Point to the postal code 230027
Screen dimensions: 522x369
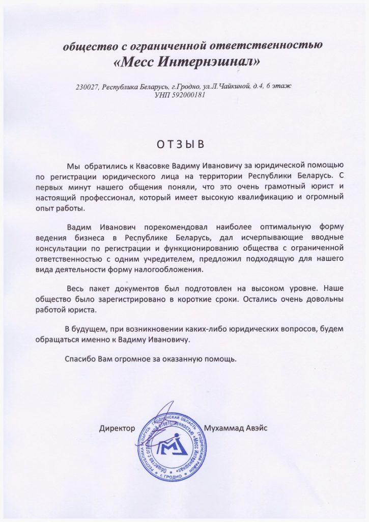pyautogui.click(x=87, y=87)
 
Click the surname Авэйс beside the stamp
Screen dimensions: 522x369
pyautogui.click(x=256, y=428)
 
